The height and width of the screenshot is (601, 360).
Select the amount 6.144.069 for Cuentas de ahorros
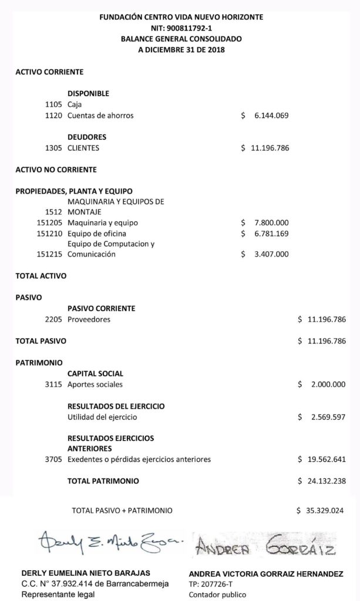(x=271, y=116)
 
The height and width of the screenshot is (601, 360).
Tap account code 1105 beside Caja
(x=53, y=104)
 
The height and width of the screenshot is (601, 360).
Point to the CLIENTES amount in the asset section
(x=269, y=148)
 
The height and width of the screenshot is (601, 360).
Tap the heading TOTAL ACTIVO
(x=41, y=276)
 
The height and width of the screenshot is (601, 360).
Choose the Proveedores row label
(x=89, y=319)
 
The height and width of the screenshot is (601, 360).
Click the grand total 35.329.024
(x=324, y=511)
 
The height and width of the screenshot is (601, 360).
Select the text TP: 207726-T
(x=211, y=584)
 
